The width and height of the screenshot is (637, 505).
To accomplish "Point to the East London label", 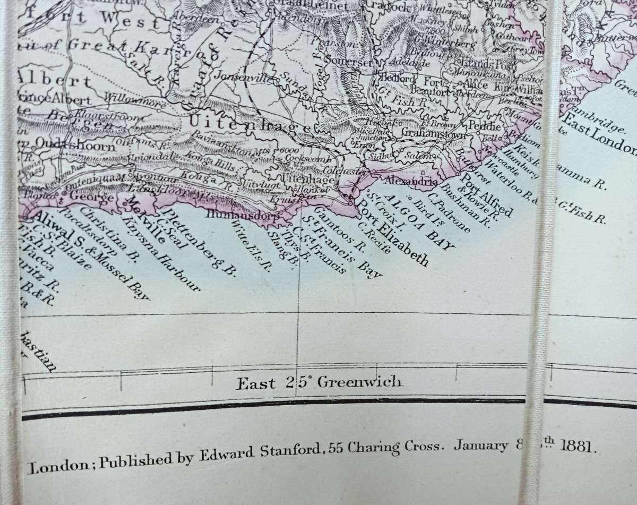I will tap(600, 130).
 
